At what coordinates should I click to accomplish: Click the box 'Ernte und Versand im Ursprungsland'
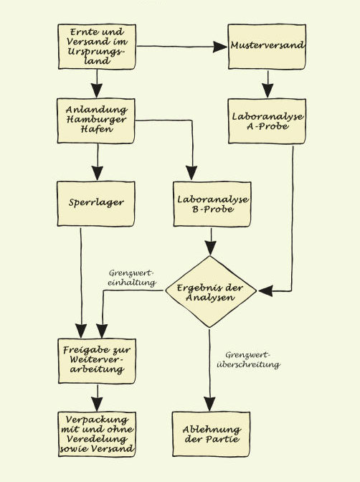pyautogui.click(x=96, y=47)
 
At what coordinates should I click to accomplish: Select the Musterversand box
pyautogui.click(x=267, y=47)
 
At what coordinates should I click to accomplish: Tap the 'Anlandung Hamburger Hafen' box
pyautogui.click(x=96, y=118)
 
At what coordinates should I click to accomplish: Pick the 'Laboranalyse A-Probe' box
pyautogui.click(x=267, y=119)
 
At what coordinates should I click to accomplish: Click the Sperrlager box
pyautogui.click(x=96, y=202)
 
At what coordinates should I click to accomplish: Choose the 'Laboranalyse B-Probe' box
pyautogui.click(x=210, y=202)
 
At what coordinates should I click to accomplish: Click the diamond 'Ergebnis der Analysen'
pyautogui.click(x=210, y=290)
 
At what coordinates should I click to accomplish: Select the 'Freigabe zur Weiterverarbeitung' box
pyautogui.click(x=96, y=359)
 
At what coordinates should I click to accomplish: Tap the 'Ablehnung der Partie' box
pyautogui.click(x=210, y=434)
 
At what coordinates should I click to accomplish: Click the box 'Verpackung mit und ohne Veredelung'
pyautogui.click(x=96, y=434)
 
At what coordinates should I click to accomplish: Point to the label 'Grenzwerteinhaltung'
pyautogui.click(x=132, y=278)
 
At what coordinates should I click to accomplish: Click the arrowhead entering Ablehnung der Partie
pyautogui.click(x=210, y=405)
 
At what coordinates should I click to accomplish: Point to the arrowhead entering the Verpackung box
pyautogui.click(x=96, y=405)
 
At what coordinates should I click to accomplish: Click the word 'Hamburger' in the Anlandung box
pyautogui.click(x=96, y=118)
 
